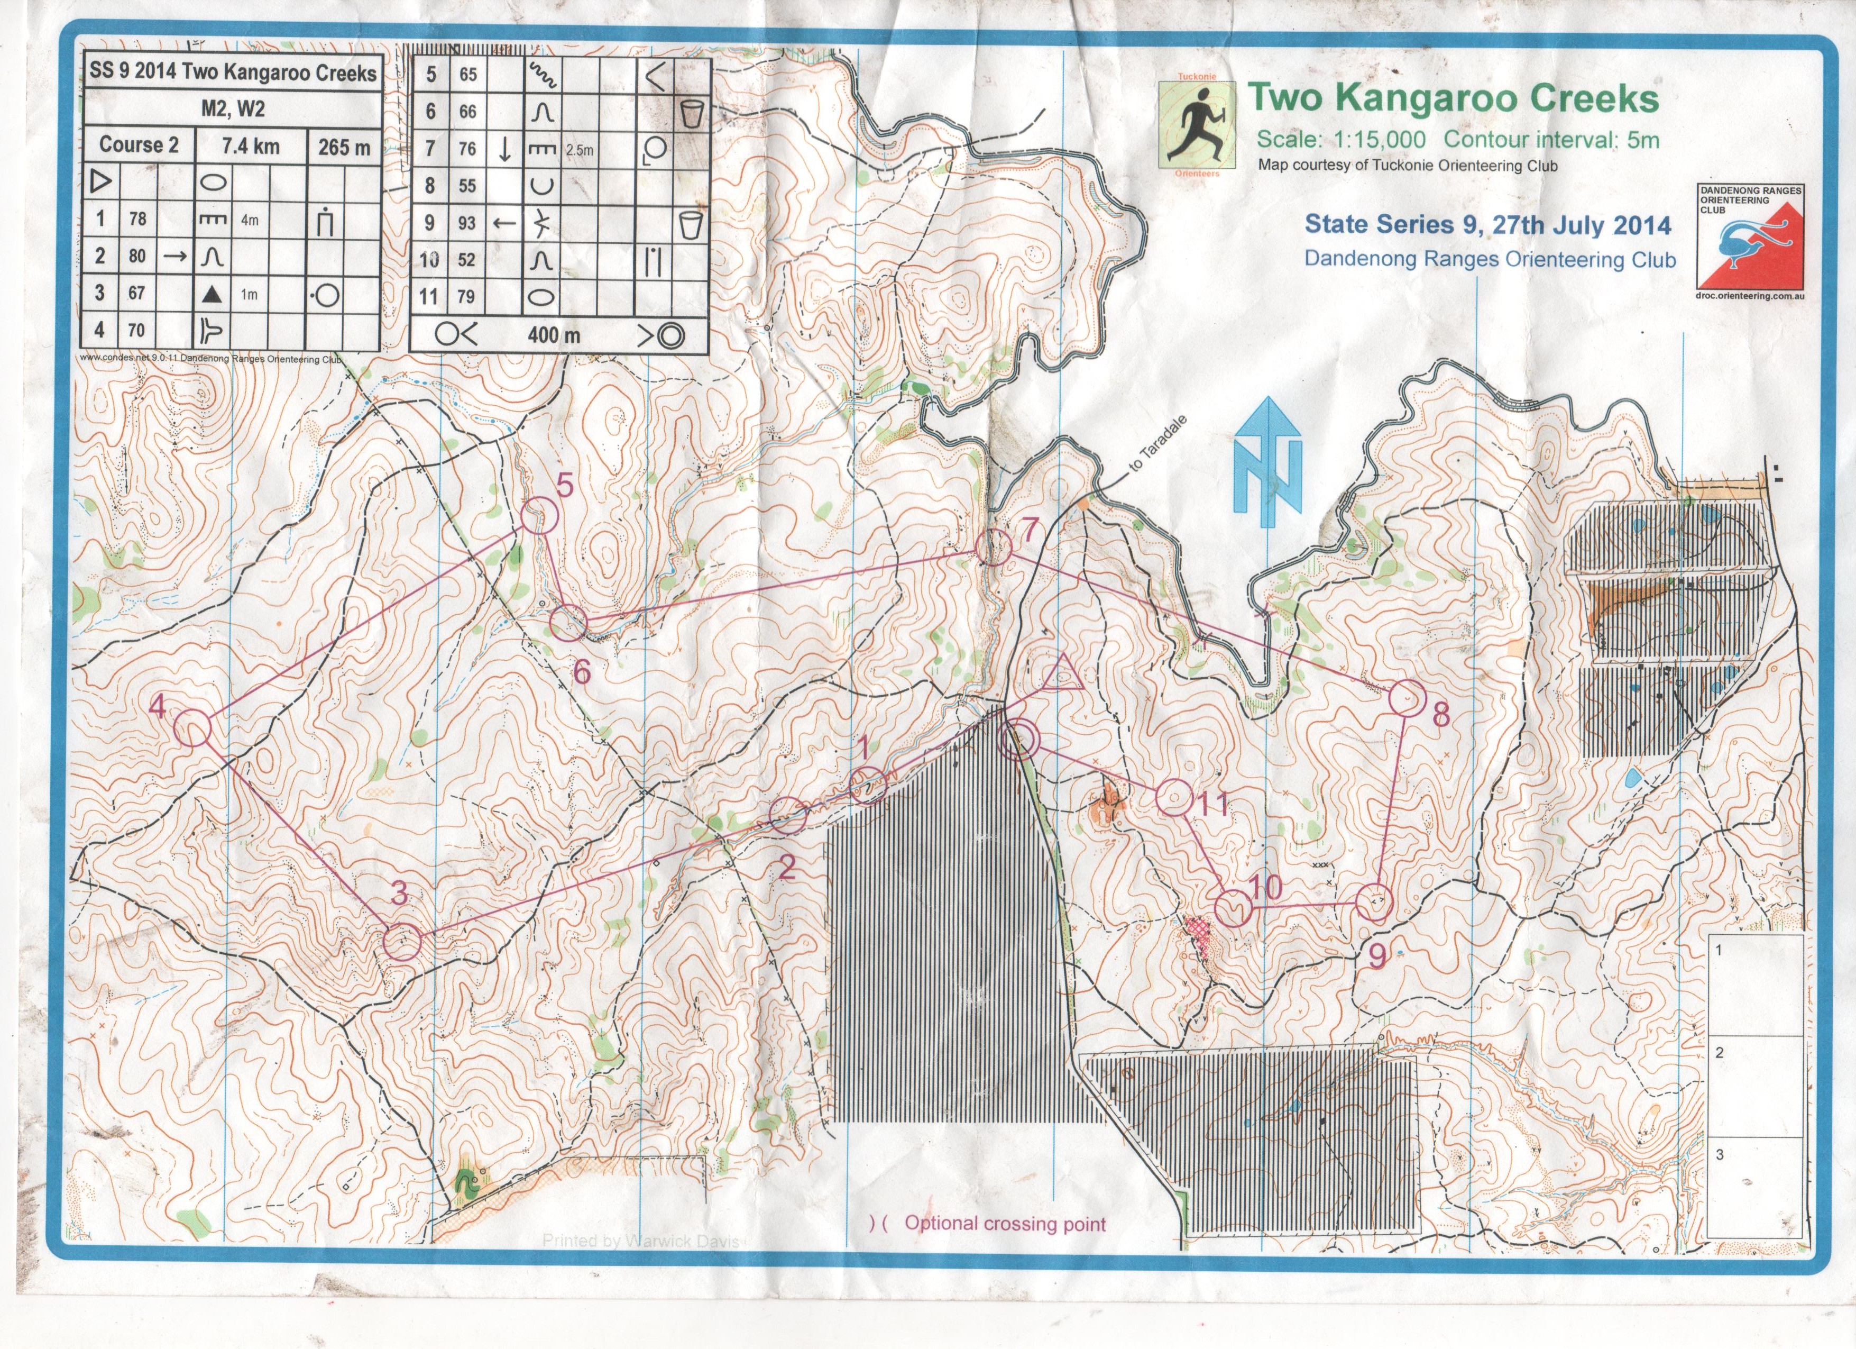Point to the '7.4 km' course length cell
click(x=251, y=147)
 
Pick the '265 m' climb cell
click(x=344, y=147)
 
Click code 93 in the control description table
click(x=466, y=223)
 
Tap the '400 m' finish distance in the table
click(x=553, y=335)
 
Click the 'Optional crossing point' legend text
click(x=1005, y=1224)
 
